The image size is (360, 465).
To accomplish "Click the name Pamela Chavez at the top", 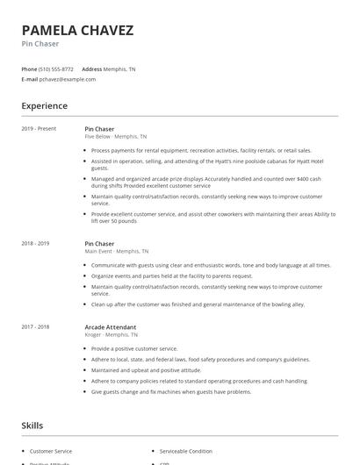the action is [x=78, y=31].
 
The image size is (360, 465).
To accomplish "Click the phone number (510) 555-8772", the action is [x=56, y=68].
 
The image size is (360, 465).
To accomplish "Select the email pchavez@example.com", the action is [x=68, y=79].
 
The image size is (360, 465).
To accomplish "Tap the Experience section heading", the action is [x=45, y=106].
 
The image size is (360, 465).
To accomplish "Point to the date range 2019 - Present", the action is [x=39, y=129].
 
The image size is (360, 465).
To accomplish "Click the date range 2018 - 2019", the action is [x=35, y=243].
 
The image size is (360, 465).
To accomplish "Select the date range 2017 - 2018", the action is [x=35, y=326].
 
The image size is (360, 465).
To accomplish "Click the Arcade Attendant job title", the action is [x=110, y=326].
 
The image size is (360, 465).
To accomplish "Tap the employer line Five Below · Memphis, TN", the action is [x=116, y=137].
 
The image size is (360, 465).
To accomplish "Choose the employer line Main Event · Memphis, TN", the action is [x=117, y=251].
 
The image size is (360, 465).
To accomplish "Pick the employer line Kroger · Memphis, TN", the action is [x=112, y=334].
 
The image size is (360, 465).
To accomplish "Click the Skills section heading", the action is [x=33, y=426].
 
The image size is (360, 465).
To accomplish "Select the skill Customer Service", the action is [x=51, y=451].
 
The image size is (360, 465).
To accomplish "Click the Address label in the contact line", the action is [x=91, y=68].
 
